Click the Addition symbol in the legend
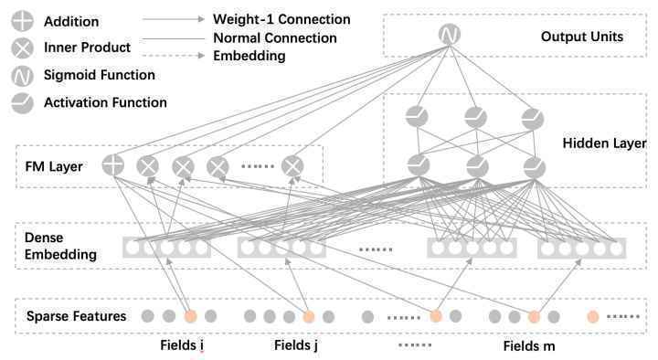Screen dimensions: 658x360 pyautogui.click(x=22, y=21)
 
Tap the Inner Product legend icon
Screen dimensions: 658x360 pyautogui.click(x=22, y=48)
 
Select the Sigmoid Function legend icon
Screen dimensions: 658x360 pyautogui.click(x=22, y=76)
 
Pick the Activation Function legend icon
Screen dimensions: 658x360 pyautogui.click(x=22, y=103)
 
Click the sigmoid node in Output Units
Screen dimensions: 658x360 pyautogui.click(x=449, y=35)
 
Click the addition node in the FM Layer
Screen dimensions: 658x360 pyautogui.click(x=113, y=164)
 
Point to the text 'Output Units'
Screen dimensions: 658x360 pyautogui.click(x=581, y=37)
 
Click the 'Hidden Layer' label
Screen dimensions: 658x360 pyautogui.click(x=604, y=143)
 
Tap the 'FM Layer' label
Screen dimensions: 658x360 pyautogui.click(x=54, y=166)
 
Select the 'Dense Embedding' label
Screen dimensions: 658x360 pyautogui.click(x=60, y=246)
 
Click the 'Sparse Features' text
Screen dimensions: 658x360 pyautogui.click(x=76, y=316)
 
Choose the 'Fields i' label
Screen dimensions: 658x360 pyautogui.click(x=182, y=345)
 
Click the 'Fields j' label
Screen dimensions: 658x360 pyautogui.click(x=296, y=345)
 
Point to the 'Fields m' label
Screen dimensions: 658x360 pyautogui.click(x=529, y=346)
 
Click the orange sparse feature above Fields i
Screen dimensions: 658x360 pyautogui.click(x=190, y=316)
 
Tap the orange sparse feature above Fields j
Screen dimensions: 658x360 pyautogui.click(x=309, y=316)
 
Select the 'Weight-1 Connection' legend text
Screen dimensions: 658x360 pyautogui.click(x=281, y=19)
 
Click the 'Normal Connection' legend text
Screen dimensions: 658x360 pyautogui.click(x=275, y=38)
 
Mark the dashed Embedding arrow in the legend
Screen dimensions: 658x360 pyautogui.click(x=174, y=56)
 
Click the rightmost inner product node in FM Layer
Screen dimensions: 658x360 pyautogui.click(x=292, y=166)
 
